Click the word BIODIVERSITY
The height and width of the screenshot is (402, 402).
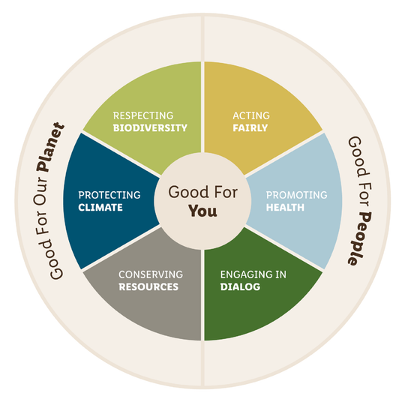click(x=150, y=127)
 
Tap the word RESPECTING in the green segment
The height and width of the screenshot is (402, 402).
click(x=143, y=115)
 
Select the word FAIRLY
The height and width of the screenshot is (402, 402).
click(x=250, y=127)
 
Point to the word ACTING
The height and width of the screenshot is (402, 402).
click(x=251, y=115)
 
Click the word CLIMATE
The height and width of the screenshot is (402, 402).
click(x=100, y=208)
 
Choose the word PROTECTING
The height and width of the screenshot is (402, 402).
click(x=109, y=195)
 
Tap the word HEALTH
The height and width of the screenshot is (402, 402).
click(x=285, y=208)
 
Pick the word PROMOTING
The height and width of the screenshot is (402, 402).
click(x=297, y=195)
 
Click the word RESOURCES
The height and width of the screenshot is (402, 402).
click(x=148, y=286)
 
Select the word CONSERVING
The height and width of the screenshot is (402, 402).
click(x=151, y=274)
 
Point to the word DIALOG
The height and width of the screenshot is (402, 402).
click(x=240, y=286)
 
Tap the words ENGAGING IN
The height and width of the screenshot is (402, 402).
click(x=253, y=274)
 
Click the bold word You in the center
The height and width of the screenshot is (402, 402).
click(x=202, y=211)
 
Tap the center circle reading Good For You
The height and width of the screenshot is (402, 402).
click(x=202, y=201)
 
